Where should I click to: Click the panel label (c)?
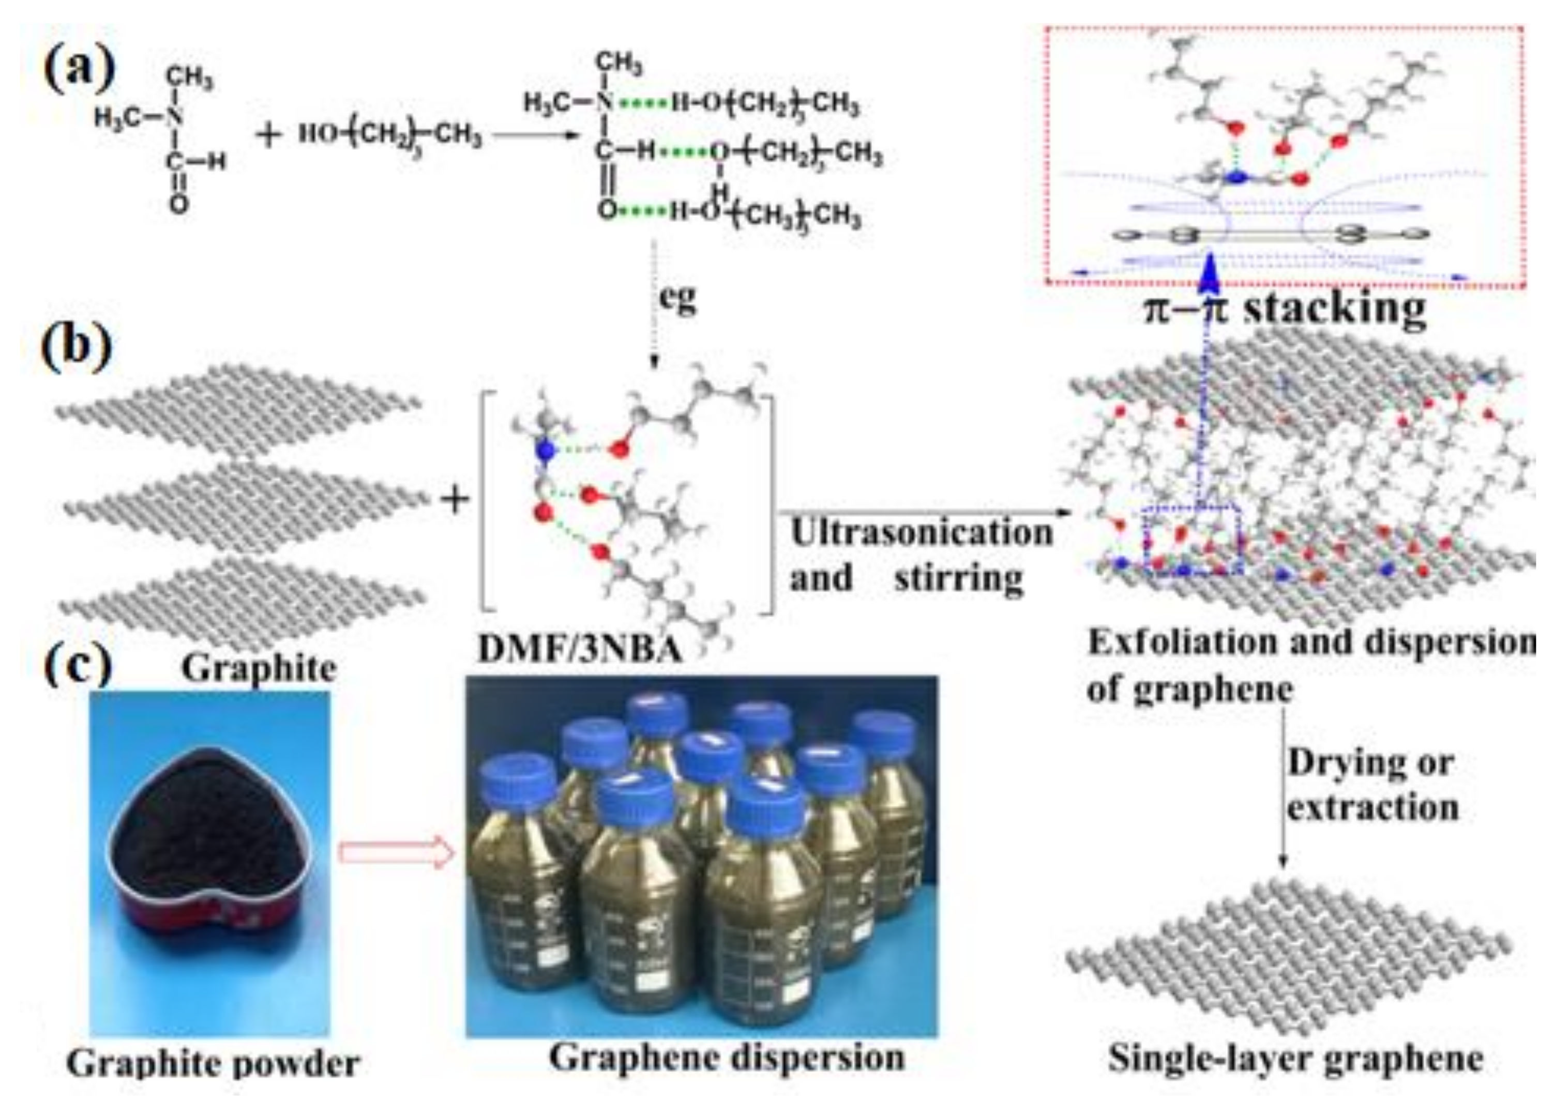(77, 664)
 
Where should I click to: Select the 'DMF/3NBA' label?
(580, 649)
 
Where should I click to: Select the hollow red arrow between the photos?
(396, 853)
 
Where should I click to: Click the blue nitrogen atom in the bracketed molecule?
(544, 450)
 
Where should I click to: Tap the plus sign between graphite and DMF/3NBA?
(455, 500)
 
